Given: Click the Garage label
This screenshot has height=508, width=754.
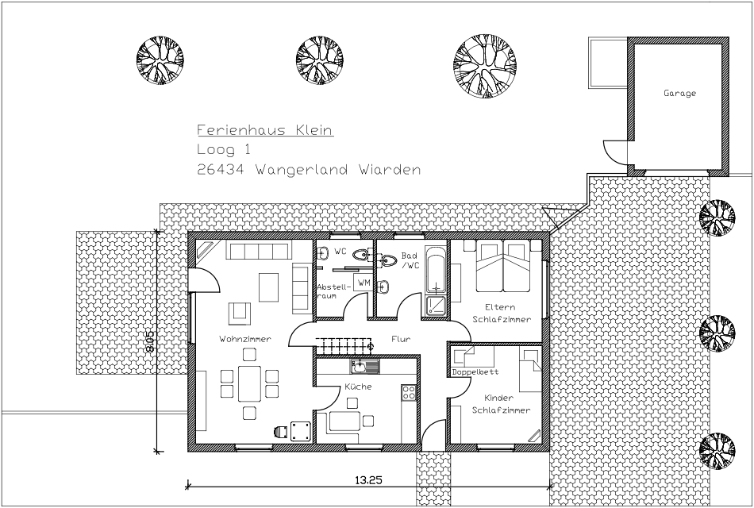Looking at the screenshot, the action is pyautogui.click(x=679, y=94).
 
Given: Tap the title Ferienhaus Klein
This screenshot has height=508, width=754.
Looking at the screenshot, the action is pyautogui.click(x=265, y=130).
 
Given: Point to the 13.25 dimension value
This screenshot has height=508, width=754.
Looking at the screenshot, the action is pyautogui.click(x=368, y=479).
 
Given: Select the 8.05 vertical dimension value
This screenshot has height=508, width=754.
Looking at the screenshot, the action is pyautogui.click(x=149, y=341).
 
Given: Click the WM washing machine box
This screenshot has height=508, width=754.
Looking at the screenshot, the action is pyautogui.click(x=364, y=283).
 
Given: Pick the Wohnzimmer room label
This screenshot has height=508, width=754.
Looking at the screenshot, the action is pyautogui.click(x=245, y=339).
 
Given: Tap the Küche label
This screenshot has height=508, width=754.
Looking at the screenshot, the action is pyautogui.click(x=358, y=387).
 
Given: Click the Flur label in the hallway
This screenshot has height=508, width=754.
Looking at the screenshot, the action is pyautogui.click(x=401, y=339).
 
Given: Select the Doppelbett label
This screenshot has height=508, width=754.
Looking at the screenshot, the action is pyautogui.click(x=475, y=371).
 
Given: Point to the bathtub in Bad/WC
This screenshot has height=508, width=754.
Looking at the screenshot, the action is pyautogui.click(x=436, y=271).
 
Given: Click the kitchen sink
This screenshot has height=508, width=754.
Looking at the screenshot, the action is pyautogui.click(x=364, y=367).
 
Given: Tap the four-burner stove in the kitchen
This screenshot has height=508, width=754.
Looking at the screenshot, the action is pyautogui.click(x=409, y=393).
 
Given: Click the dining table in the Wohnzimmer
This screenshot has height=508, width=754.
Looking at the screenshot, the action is pyautogui.click(x=249, y=383).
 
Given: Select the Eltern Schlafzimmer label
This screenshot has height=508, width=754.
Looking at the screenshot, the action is pyautogui.click(x=501, y=314).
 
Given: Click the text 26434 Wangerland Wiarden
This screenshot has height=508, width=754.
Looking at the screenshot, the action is pyautogui.click(x=309, y=170).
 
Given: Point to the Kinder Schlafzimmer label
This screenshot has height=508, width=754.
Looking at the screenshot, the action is pyautogui.click(x=501, y=404).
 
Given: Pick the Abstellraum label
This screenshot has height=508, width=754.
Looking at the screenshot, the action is pyautogui.click(x=332, y=291).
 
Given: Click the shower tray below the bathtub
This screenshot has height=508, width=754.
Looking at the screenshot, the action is pyautogui.click(x=436, y=306).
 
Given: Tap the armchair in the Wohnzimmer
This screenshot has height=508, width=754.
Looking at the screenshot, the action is pyautogui.click(x=240, y=313).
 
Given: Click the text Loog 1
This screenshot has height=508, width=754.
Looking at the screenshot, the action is pyautogui.click(x=224, y=150).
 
